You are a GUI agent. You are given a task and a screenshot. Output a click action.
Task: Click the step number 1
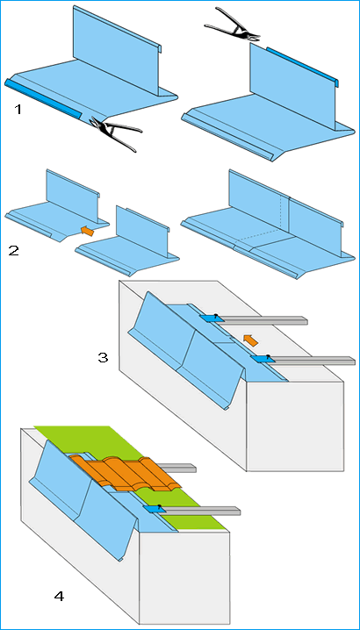(18, 110)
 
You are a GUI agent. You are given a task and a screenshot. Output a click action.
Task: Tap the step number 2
(13, 250)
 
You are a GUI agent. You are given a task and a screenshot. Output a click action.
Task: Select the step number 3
(104, 357)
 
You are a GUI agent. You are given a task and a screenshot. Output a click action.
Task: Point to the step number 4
(59, 597)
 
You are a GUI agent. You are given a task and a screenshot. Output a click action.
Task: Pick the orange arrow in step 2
(87, 231)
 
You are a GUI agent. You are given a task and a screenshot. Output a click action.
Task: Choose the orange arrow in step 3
(251, 340)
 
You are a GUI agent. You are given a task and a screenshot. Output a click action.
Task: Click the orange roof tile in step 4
(125, 473)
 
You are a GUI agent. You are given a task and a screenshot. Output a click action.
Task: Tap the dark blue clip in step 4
(152, 508)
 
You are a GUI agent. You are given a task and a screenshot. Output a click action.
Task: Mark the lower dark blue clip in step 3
(259, 358)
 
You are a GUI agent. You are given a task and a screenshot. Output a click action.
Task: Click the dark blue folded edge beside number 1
(42, 99)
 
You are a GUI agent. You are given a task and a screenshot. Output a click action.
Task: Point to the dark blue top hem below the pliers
(302, 67)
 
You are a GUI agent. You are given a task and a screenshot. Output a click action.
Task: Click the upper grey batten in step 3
(263, 320)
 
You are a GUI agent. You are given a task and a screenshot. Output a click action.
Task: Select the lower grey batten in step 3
(312, 360)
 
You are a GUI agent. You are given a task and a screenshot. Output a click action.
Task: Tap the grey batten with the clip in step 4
(200, 511)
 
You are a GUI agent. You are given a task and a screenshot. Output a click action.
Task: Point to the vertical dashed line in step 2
(282, 212)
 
